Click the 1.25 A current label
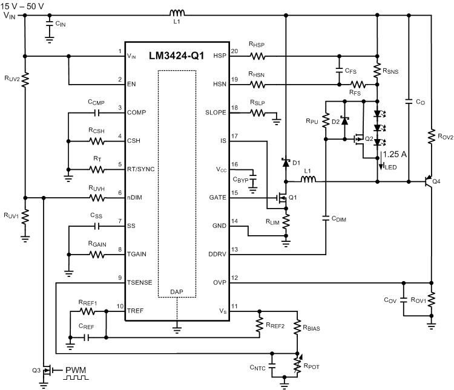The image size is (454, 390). click(395, 155)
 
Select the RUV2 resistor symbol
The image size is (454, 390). click(25, 79)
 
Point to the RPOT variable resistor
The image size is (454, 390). click(297, 364)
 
